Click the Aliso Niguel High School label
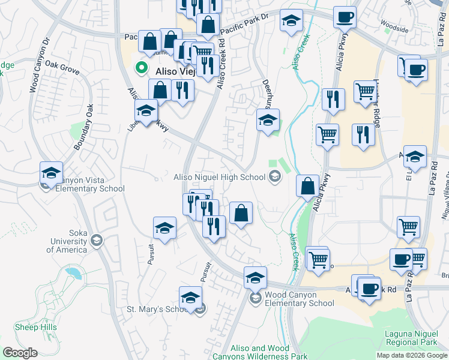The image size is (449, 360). pos(219,177)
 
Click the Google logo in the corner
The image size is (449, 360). pos(20,353)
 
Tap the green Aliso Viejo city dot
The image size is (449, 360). pos(142,68)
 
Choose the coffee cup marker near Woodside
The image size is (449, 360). pos(345,17)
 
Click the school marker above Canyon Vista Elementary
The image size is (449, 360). pos(52,173)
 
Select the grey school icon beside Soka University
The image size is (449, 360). pos(96,241)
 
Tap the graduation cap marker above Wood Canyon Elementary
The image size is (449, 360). pos(255,278)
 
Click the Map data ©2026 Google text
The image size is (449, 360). pos(412,355)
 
